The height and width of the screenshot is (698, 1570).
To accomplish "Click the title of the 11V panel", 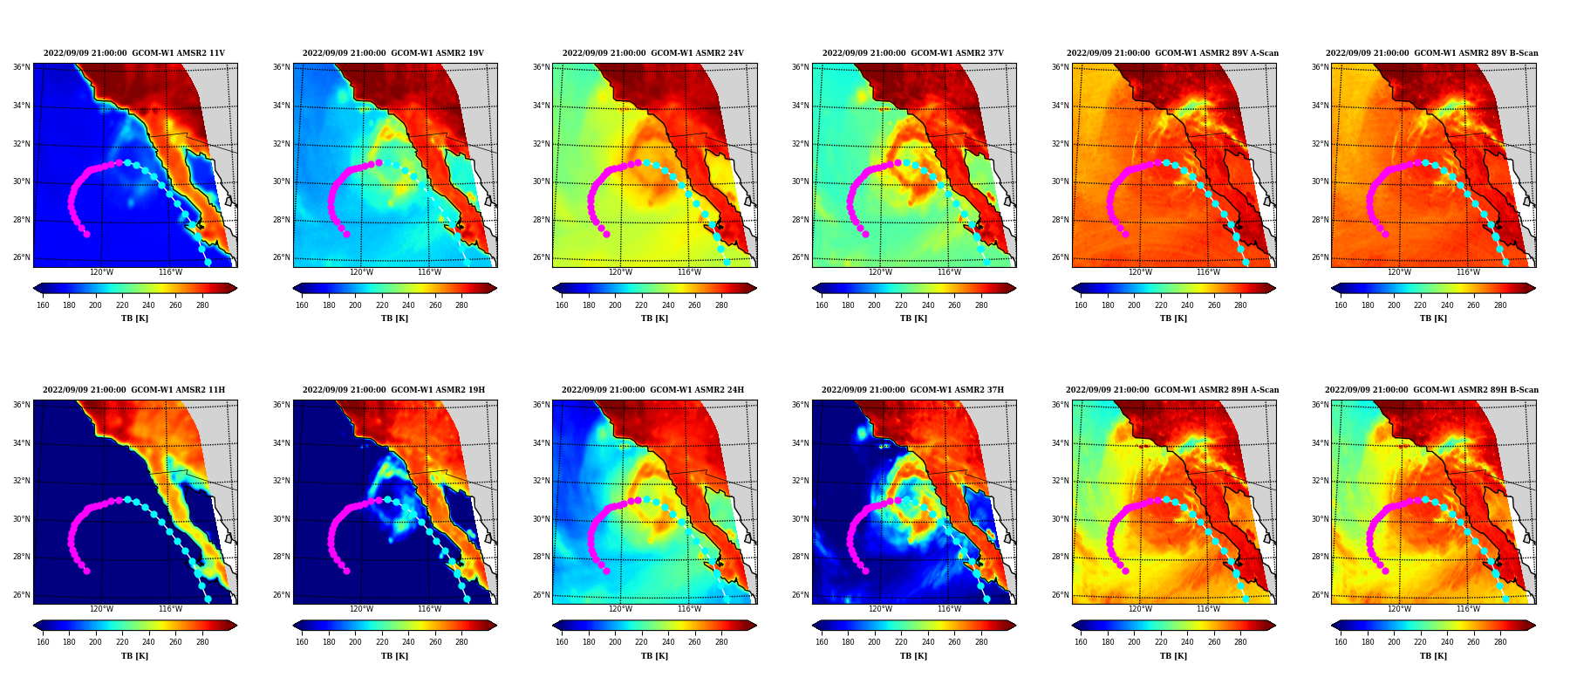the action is pos(134,53).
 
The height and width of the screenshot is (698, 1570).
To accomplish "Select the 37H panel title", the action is pos(912,390).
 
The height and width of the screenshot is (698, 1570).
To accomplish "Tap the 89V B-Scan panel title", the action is pos(1432,53).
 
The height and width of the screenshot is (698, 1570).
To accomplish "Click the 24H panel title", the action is pos(653,390).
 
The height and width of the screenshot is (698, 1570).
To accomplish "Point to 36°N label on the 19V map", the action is pos(281,67).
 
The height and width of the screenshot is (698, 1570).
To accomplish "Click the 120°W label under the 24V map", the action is pos(620,272).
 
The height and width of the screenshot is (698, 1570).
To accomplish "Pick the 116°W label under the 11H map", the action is pos(170,609).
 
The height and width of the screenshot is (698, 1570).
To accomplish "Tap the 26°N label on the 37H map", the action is pos(800,595).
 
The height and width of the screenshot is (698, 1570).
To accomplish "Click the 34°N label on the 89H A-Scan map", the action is pos(1060,443).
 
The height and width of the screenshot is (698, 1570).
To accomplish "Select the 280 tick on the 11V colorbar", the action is pos(202,305).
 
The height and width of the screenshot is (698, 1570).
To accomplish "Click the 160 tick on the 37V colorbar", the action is pos(822,305).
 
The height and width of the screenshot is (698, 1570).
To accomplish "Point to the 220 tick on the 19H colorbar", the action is pos(382,641).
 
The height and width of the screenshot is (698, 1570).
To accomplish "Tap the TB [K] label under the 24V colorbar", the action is pos(654,318).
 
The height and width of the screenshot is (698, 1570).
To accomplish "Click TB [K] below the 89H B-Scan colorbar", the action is pos(1433,656).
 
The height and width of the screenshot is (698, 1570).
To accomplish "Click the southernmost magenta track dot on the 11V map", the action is pos(86,234).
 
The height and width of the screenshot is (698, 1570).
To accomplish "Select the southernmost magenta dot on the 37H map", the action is pos(865,571).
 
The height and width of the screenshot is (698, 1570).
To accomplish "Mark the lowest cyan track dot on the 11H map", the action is pos(208,599).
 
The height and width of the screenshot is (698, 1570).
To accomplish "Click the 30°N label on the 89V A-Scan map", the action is pos(1060,181).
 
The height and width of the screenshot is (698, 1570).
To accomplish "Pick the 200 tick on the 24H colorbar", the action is pos(615,641).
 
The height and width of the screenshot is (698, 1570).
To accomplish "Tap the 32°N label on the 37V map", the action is pos(800,144).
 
